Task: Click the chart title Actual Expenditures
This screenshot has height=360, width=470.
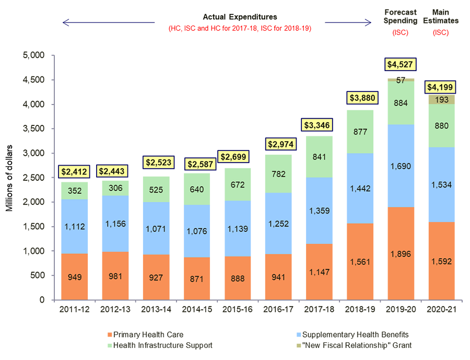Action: [x=240, y=17]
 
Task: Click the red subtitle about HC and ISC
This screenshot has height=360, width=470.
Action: [x=240, y=28]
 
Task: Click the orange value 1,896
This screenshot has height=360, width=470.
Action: [x=401, y=254]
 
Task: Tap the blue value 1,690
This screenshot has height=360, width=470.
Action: [x=401, y=166]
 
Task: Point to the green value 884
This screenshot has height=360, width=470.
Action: [x=401, y=103]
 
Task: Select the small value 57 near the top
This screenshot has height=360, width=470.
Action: [x=401, y=80]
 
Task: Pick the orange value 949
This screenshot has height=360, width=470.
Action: [x=76, y=277]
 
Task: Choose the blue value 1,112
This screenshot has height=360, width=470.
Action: [x=76, y=226]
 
